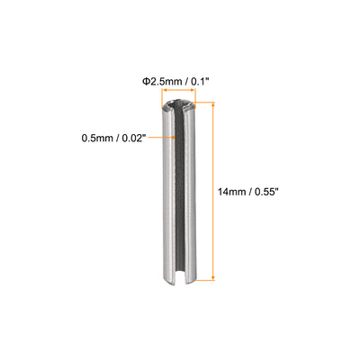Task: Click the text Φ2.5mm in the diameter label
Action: click(162, 81)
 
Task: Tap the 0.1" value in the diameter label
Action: click(200, 81)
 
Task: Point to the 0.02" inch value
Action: click(134, 139)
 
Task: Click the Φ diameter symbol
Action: click(146, 81)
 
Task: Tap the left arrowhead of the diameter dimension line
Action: click(164, 90)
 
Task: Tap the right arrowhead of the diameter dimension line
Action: click(193, 90)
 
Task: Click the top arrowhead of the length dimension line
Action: click(213, 104)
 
